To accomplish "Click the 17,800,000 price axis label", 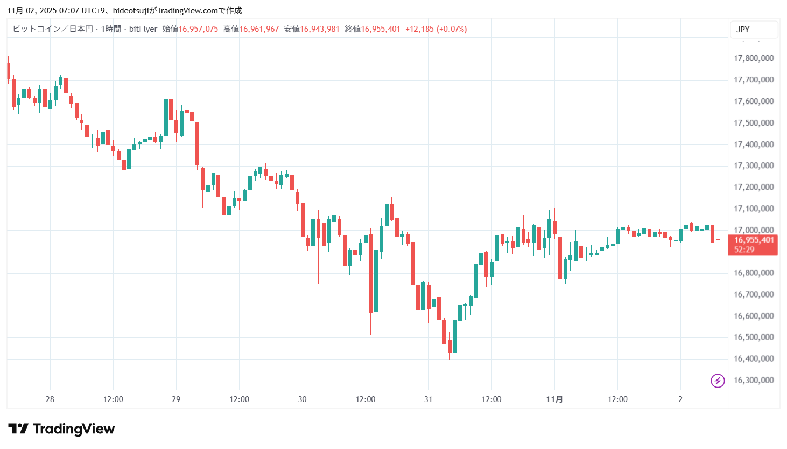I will point(754,58).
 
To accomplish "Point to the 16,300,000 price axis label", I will point(754,380).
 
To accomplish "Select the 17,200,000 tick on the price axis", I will point(754,187).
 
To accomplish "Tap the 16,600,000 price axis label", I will point(754,316).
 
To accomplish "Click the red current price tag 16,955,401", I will point(754,240).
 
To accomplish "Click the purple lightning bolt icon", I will point(718,381).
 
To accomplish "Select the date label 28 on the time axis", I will point(50,399).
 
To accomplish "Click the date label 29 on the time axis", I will point(176,399).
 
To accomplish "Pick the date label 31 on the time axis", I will point(428,399).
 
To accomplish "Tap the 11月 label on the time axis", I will point(554,399).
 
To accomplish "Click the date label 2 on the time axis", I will point(680,399).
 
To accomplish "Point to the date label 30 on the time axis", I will point(303,399).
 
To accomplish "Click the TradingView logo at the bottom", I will point(61,429).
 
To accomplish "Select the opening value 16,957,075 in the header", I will point(198,29).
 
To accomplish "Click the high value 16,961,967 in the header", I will point(259,29).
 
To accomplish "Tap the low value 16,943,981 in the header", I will point(320,29).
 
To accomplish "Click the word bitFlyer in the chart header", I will point(143,29).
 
